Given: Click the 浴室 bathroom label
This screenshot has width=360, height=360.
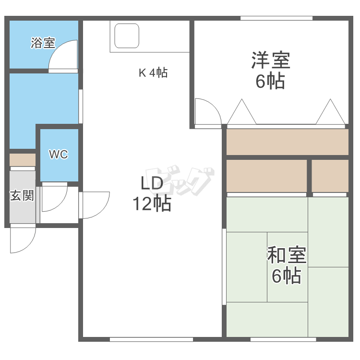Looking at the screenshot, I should pyautogui.click(x=43, y=43).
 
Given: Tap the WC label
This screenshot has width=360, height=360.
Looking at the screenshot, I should pyautogui.click(x=58, y=155).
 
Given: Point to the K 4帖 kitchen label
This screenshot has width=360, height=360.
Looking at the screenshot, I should pyautogui.click(x=153, y=73).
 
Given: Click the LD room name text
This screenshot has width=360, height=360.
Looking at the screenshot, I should pyautogui.click(x=152, y=184).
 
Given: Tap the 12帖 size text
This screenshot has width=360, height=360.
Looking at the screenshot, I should pyautogui.click(x=152, y=204).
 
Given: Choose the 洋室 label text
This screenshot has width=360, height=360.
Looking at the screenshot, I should pyautogui.click(x=270, y=61).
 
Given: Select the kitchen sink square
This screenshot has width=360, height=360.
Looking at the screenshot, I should pyautogui.click(x=127, y=36).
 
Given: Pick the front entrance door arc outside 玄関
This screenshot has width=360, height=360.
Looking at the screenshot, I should pyautogui.click(x=22, y=240).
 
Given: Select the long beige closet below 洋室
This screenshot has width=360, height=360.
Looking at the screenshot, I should pyautogui.click(x=287, y=142).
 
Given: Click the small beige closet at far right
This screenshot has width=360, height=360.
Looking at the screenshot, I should pyautogui.click(x=330, y=176).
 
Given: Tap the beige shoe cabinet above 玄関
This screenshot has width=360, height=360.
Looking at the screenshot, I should pyautogui.click(x=23, y=159).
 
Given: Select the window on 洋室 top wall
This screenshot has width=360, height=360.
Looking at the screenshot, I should pyautogui.click(x=276, y=18).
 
